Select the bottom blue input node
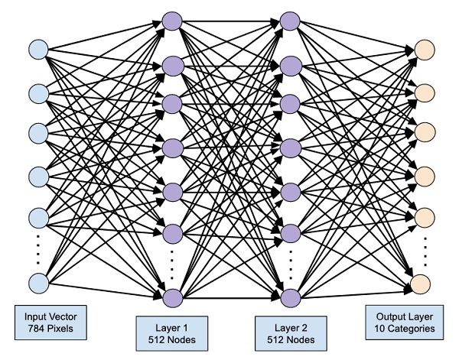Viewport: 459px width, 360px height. click(37, 283)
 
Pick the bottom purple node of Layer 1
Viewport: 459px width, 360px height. click(171, 297)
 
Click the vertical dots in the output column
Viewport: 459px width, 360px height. click(422, 247)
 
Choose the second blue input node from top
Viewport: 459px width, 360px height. click(37, 94)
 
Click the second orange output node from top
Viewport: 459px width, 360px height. click(422, 94)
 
